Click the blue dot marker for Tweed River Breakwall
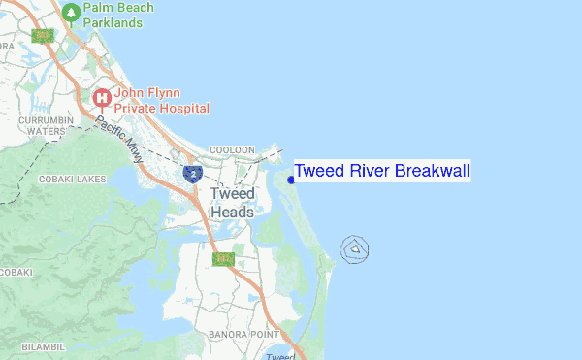pyautogui.click(x=291, y=179)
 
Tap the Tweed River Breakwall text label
pyautogui.click(x=381, y=172)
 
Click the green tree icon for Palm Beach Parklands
pyautogui.click(x=71, y=13)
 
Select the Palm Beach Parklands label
pyautogui.click(x=119, y=15)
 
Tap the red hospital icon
pyautogui.click(x=101, y=98)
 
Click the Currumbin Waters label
pyautogui.click(x=46, y=125)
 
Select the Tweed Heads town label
pyautogui.click(x=232, y=203)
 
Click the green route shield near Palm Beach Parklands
pyautogui.click(x=42, y=36)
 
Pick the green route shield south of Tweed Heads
pyautogui.click(x=223, y=258)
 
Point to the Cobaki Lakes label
pyautogui.click(x=72, y=180)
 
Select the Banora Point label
pyautogui.click(x=243, y=335)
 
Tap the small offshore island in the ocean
pyautogui.click(x=356, y=249)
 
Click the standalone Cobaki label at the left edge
pyautogui.click(x=16, y=272)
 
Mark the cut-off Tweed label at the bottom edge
pyautogui.click(x=280, y=355)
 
